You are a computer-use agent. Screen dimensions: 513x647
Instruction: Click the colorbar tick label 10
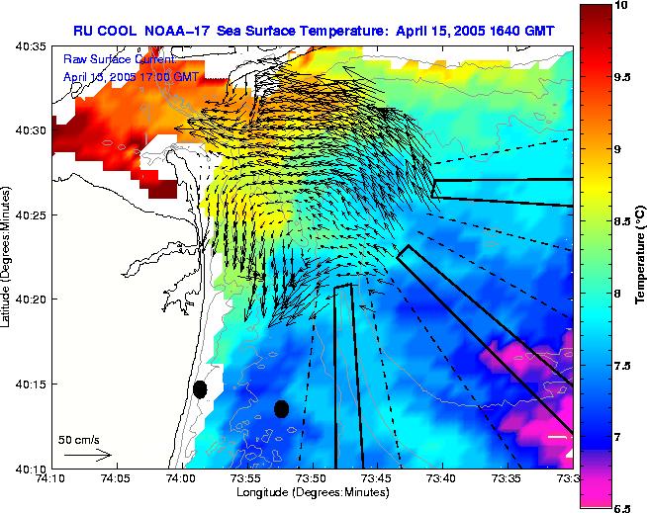(621, 6)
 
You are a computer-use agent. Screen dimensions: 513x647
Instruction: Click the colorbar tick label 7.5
(624, 366)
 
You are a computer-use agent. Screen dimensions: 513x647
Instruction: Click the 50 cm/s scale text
(78, 438)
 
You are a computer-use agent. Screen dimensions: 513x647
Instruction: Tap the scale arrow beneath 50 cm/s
(87, 456)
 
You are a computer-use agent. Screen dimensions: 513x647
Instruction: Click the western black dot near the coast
(200, 389)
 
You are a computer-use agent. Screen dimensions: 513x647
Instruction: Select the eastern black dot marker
(281, 408)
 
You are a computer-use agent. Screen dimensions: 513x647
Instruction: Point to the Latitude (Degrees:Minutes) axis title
(8, 257)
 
